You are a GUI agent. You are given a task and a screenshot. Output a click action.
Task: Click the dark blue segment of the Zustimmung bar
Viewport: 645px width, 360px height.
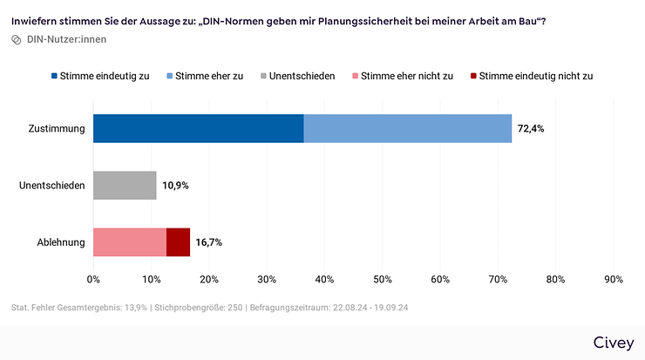point(198,128)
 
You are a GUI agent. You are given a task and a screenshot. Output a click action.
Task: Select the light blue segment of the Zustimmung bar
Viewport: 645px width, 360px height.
point(407,128)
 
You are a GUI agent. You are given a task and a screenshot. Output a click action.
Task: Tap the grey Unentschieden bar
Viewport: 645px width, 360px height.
point(125,185)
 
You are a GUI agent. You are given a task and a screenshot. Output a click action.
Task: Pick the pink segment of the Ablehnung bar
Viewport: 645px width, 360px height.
point(130,241)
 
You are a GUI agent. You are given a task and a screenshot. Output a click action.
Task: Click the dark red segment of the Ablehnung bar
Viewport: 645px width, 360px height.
point(178,241)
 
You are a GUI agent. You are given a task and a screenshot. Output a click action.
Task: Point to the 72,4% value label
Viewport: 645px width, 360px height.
point(532,129)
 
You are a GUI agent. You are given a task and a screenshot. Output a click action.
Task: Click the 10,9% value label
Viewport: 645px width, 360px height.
point(176,186)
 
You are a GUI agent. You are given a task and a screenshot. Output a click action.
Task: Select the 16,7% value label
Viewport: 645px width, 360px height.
point(209,242)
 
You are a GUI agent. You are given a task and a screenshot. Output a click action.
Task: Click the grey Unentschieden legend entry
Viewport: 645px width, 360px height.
point(297,76)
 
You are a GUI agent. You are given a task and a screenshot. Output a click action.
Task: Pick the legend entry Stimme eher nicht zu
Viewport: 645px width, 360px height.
point(402,76)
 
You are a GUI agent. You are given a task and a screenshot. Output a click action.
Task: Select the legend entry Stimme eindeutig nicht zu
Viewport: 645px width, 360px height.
point(530,76)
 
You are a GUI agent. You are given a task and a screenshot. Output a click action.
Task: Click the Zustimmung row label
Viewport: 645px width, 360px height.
point(57,129)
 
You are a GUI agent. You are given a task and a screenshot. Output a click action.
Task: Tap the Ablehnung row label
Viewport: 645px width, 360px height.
point(61,242)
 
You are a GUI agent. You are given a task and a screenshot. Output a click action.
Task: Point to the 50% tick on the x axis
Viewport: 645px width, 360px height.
point(383,279)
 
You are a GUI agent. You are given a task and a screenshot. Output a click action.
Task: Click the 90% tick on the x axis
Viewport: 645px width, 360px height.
point(613,279)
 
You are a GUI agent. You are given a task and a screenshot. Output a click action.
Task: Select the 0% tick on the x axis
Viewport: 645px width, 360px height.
point(93,279)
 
